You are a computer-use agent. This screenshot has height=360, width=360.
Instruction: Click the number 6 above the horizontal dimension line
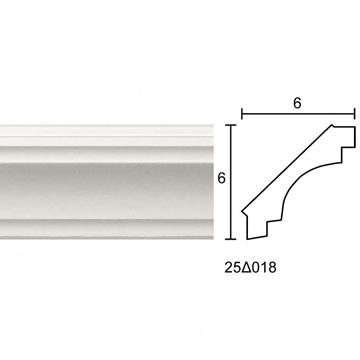tap(297, 103)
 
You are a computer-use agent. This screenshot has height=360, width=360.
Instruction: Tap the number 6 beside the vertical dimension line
tap(222, 179)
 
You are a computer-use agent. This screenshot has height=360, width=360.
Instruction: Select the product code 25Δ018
tap(250, 268)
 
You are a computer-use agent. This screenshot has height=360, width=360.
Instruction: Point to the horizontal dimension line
tap(298, 114)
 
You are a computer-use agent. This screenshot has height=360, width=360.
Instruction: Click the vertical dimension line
tap(231, 182)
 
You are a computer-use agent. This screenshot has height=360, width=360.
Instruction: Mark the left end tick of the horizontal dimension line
tap(242, 114)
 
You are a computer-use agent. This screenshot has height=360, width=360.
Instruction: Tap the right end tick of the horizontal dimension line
tap(355, 114)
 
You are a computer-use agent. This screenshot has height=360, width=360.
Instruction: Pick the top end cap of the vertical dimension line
tap(231, 125)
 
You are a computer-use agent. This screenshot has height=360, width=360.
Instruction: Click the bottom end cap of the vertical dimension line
tap(231, 239)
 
